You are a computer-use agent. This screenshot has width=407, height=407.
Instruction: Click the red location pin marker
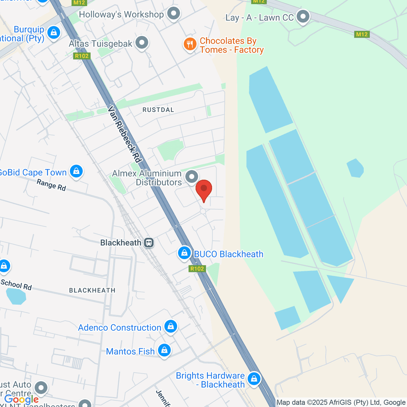pyautogui.click(x=204, y=189)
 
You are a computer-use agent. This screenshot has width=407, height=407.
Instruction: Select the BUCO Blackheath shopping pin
pyautogui.click(x=185, y=253)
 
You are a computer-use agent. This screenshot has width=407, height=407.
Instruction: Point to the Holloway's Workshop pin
pyautogui.click(x=174, y=14)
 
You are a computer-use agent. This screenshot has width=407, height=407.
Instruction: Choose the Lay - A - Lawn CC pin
pyautogui.click(x=303, y=17)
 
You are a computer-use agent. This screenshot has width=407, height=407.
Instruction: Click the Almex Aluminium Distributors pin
pyautogui.click(x=192, y=177)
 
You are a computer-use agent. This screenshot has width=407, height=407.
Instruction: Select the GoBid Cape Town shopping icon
pyautogui.click(x=76, y=171)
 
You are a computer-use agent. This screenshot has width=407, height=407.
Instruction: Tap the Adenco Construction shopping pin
pyautogui.click(x=171, y=327)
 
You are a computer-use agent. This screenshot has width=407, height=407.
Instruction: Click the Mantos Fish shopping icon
pyautogui.click(x=164, y=350)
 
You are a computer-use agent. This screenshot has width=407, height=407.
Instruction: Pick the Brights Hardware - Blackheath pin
pyautogui.click(x=254, y=379)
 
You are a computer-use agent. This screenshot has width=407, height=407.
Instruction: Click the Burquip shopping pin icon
pyautogui.click(x=54, y=33)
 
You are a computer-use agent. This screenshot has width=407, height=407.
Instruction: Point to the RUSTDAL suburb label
pyautogui.click(x=158, y=110)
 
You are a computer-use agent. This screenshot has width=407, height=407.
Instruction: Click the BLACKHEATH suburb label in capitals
pyautogui.click(x=92, y=290)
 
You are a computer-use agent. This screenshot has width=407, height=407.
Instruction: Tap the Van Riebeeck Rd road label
pyautogui.click(x=124, y=134)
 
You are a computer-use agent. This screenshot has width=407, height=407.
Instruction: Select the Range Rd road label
pyautogui.click(x=51, y=185)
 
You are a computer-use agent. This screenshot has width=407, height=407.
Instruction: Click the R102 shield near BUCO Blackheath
pyautogui.click(x=197, y=269)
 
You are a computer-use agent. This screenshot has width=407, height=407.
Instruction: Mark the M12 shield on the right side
pyautogui.click(x=362, y=34)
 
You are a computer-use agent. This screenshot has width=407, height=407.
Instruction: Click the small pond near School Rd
pyautogui.click(x=16, y=296)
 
